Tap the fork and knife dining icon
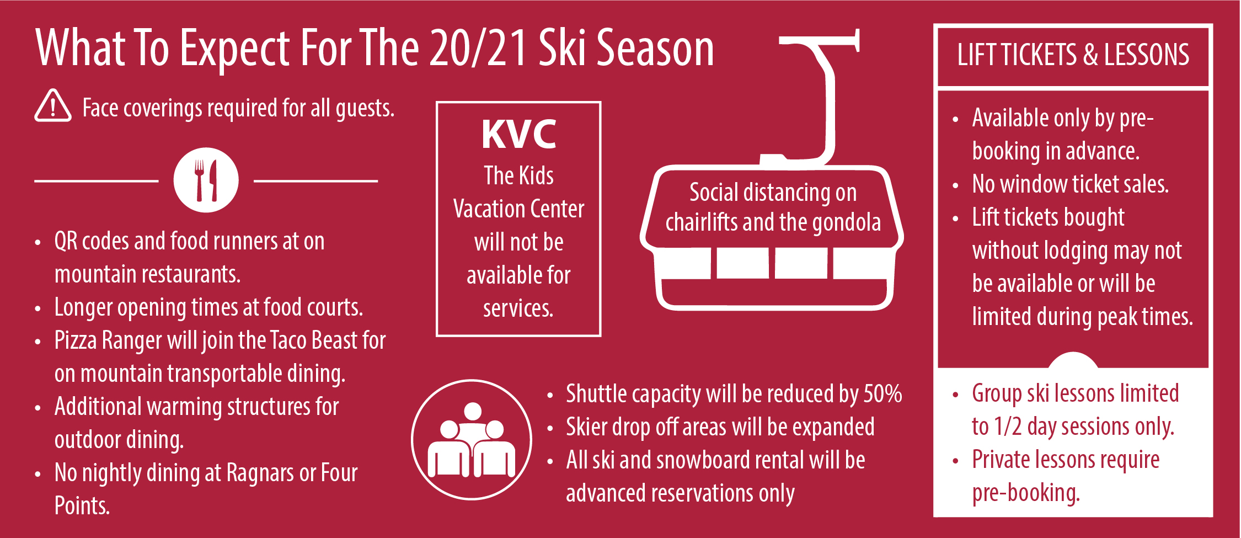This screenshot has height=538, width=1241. click(206, 180)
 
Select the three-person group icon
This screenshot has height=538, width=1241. click(472, 440)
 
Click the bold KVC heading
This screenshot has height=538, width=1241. click(519, 134)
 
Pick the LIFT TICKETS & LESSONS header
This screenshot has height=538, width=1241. click(1073, 55)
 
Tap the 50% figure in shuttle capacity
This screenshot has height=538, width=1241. click(882, 394)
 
